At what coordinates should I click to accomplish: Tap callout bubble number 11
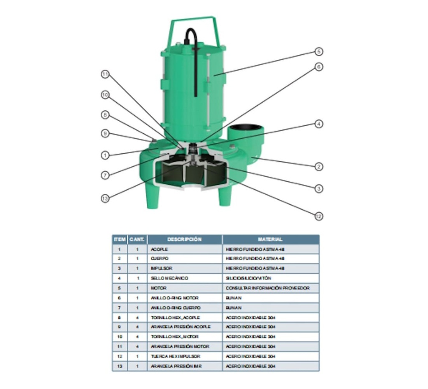[x=105, y=74]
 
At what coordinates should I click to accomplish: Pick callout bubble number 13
[x=105, y=198]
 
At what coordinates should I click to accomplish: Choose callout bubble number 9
[x=105, y=134]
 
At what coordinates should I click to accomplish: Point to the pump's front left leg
[x=152, y=196]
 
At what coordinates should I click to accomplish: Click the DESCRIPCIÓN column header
[x=184, y=239]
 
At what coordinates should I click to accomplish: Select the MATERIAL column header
[x=270, y=239]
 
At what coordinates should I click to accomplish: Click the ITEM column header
[x=119, y=239]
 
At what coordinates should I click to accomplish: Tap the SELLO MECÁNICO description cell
[x=184, y=278]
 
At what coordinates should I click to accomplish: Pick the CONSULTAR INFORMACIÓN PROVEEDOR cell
[x=270, y=288]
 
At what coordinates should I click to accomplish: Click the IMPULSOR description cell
[x=184, y=268]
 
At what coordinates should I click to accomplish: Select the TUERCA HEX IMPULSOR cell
[x=184, y=356]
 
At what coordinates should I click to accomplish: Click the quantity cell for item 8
[x=137, y=318]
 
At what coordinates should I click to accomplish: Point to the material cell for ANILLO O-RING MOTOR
[x=270, y=298]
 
